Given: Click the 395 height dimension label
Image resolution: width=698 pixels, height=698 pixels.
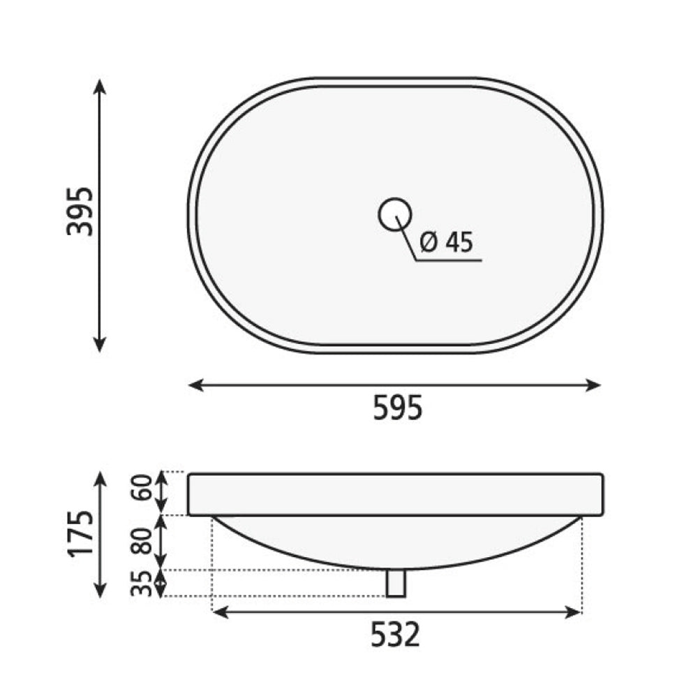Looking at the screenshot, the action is pyautogui.click(x=80, y=211).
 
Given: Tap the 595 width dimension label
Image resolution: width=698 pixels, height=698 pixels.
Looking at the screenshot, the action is pyautogui.click(x=397, y=408).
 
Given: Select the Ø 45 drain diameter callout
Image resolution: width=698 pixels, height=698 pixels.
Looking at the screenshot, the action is pyautogui.click(x=447, y=243).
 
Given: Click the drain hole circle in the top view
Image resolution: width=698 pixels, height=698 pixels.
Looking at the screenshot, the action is pyautogui.click(x=395, y=214).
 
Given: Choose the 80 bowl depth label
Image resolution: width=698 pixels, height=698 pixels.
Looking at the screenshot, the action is pyautogui.click(x=142, y=541).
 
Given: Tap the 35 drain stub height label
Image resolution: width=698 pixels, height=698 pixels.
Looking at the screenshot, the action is pyautogui.click(x=142, y=583).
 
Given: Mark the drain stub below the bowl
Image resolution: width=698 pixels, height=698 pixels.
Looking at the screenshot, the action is pyautogui.click(x=396, y=583).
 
